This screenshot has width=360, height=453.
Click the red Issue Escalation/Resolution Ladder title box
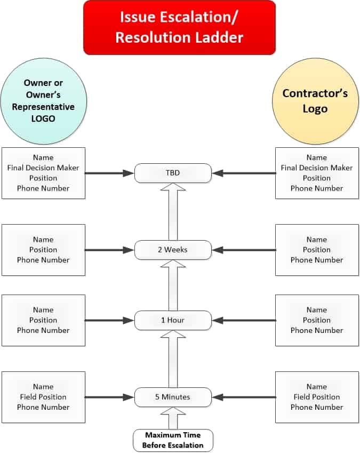coord(179,27)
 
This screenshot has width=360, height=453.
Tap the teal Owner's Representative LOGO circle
coord(44,101)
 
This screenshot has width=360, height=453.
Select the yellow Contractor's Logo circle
coord(315,101)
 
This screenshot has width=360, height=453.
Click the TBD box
coord(173,173)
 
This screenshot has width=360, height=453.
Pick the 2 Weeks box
coord(173,250)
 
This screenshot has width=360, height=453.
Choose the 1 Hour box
coord(173,320)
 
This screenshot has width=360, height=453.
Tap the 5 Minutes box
coord(173,397)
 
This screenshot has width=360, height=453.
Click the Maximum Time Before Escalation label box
coord(173,441)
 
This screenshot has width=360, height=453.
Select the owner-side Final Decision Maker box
coord(43,173)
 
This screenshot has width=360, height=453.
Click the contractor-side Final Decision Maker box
coord(317,173)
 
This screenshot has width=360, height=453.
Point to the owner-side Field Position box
coord(43,397)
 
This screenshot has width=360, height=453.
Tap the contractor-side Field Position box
coord(317,397)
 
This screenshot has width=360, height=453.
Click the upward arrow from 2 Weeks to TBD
coord(173,211)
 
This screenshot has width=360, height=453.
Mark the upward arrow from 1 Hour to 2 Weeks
coord(173,285)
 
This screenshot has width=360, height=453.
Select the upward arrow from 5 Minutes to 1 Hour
coord(173,359)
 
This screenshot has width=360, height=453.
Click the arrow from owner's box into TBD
coord(109,173)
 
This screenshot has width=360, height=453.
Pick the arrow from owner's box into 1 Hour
coord(109,320)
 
